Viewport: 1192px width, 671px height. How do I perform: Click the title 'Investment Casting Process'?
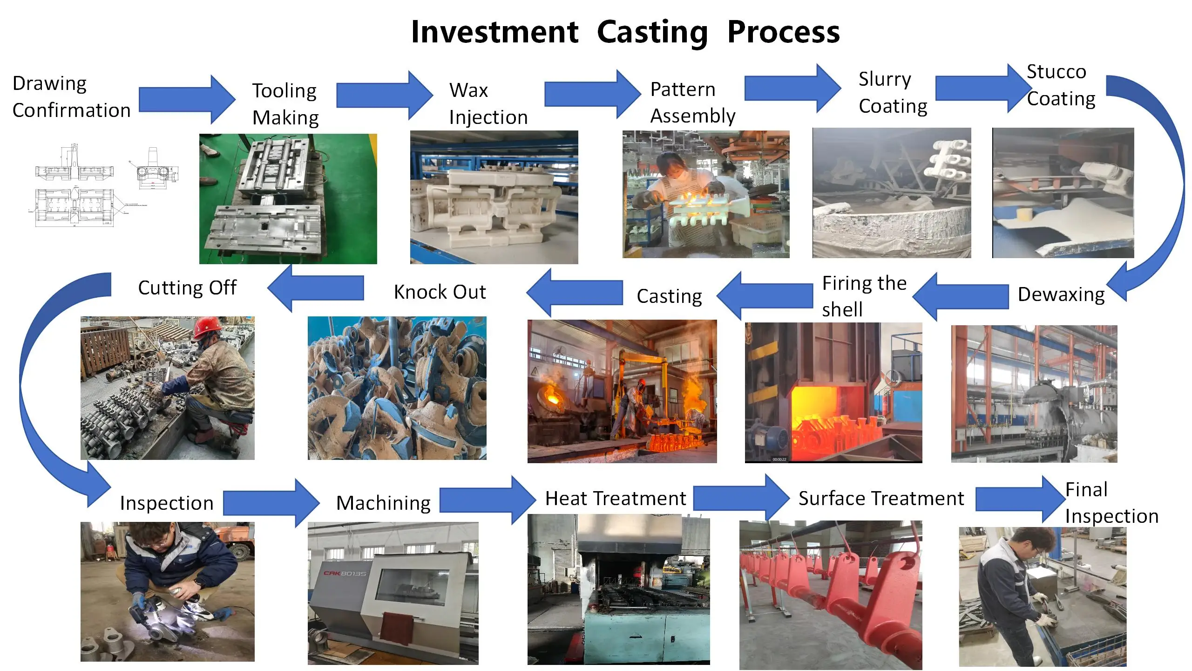[x=625, y=32]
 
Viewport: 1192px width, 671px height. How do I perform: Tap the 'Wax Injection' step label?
[x=488, y=103]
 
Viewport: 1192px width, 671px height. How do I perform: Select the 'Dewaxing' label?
[x=1061, y=294]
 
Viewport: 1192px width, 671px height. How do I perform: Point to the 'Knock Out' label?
[x=440, y=292]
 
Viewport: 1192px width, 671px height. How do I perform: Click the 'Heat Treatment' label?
[x=615, y=498]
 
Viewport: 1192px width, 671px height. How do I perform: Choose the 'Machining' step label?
[x=383, y=503]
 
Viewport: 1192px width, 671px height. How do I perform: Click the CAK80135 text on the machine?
[x=345, y=574]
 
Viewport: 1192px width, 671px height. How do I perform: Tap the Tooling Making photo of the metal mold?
[x=288, y=199]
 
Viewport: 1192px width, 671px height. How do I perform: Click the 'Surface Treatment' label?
[x=880, y=498]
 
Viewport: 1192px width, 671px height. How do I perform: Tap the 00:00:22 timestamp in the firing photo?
[x=779, y=459]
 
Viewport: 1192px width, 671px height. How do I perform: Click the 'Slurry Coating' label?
[x=892, y=93]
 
